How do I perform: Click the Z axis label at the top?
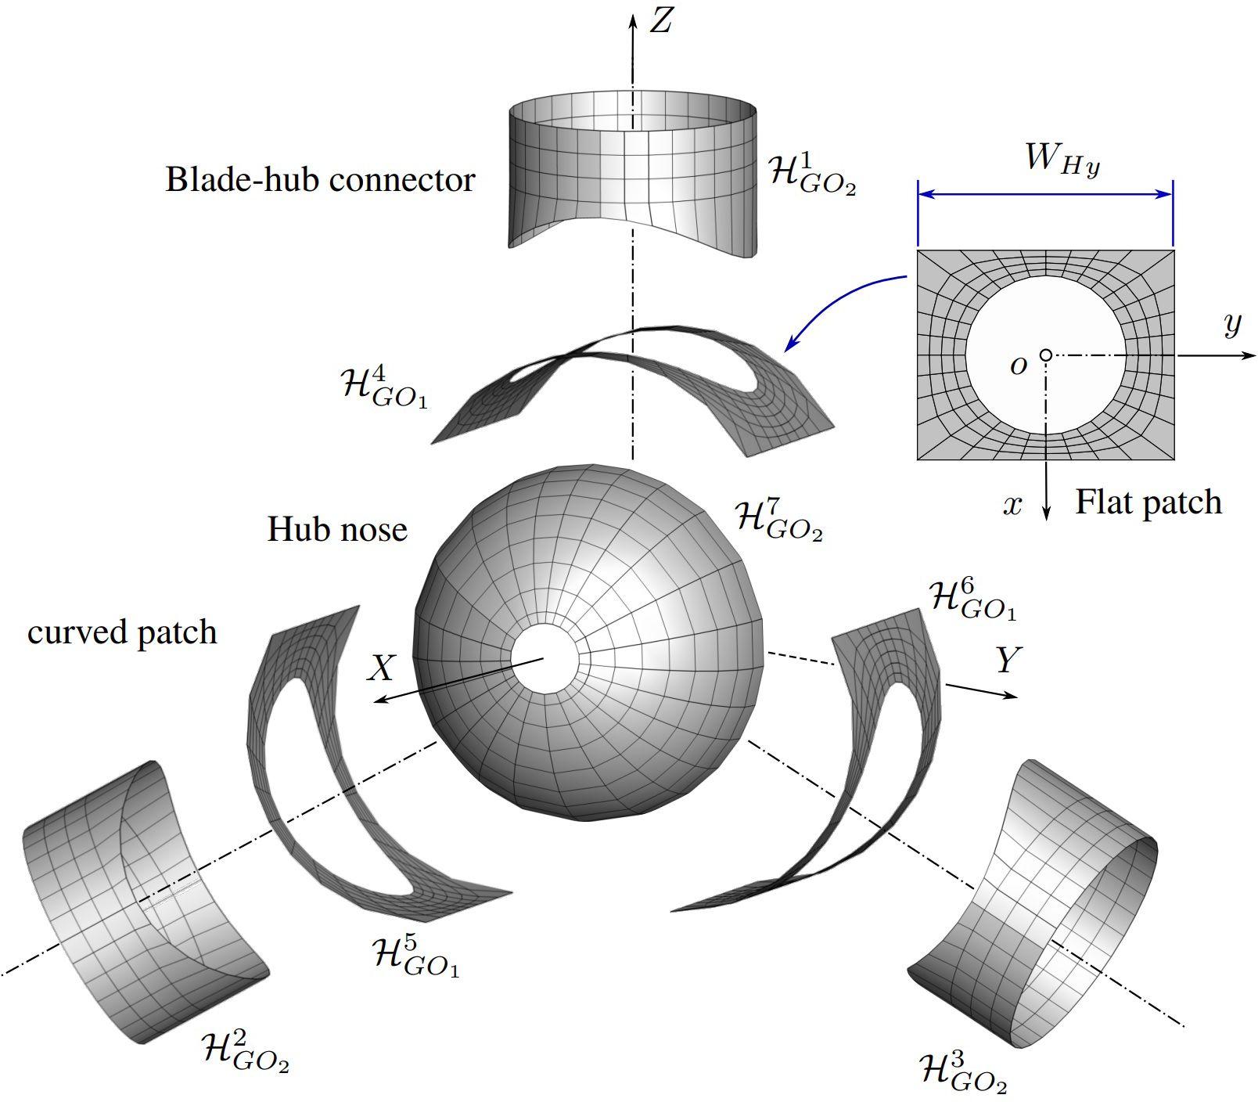coord(661,20)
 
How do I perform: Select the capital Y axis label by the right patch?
coord(1008,661)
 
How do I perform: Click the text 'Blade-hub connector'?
coord(320,180)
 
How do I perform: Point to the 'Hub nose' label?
coord(337,530)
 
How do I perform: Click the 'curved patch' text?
coord(122,632)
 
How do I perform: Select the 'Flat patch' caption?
coord(1148,502)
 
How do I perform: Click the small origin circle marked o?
coord(1045,355)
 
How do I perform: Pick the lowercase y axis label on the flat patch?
coord(1232,322)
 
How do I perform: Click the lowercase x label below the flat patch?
coord(1013,506)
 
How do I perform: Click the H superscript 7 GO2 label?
coord(778,520)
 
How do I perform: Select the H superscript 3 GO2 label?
coord(962,1072)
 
